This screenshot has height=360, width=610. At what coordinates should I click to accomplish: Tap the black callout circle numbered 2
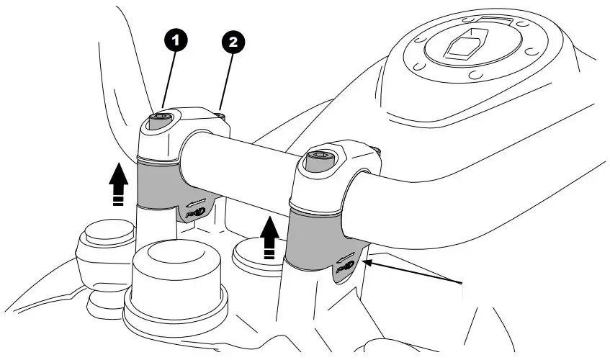coord(232,43)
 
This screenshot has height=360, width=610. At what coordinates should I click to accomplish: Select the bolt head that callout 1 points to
coord(159,119)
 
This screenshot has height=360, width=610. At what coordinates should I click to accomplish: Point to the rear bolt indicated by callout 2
coord(220,113)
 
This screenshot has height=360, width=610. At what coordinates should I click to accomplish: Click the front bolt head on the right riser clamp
coord(320,157)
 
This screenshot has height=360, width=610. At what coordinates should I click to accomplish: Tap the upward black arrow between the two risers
coord(269,238)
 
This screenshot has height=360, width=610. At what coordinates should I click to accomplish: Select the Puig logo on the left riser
coord(192,212)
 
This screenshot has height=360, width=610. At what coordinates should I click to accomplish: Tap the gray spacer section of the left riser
coord(157,184)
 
